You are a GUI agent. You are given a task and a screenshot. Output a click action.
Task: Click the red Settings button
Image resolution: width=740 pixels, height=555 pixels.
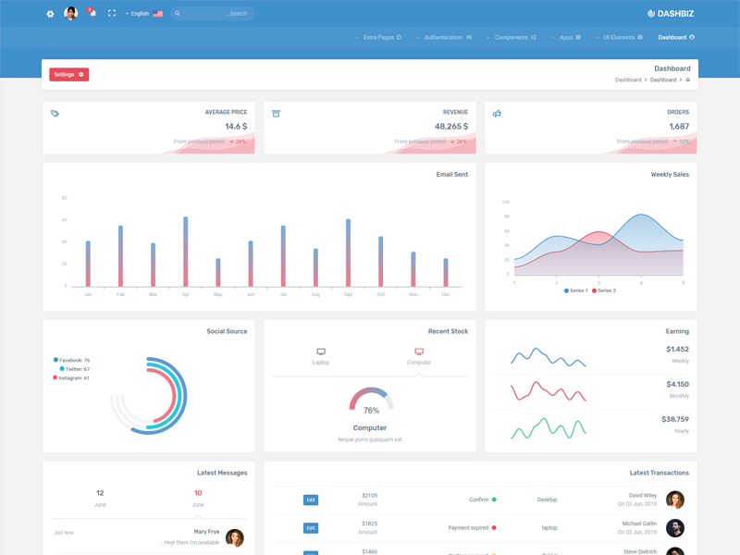(x=68, y=74)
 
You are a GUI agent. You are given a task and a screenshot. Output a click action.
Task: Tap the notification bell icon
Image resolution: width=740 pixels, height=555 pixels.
(x=92, y=14)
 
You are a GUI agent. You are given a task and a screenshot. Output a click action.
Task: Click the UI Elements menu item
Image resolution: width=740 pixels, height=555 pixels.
(x=623, y=38)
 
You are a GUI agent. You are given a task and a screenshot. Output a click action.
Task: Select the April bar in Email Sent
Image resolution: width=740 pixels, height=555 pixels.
(x=186, y=252)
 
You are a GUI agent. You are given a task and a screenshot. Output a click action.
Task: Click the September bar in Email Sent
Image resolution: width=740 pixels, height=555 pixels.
(x=348, y=253)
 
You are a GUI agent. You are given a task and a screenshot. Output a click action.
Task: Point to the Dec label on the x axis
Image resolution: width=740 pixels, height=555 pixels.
(x=446, y=294)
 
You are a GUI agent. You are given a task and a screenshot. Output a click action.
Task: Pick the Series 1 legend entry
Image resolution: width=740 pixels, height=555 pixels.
(x=575, y=290)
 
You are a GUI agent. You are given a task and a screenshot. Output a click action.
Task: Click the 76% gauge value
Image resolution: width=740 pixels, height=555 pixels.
(x=371, y=410)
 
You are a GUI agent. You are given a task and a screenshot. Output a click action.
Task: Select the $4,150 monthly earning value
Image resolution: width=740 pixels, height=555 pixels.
(x=677, y=384)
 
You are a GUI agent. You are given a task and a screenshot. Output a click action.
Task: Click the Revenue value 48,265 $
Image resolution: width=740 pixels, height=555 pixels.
(x=451, y=127)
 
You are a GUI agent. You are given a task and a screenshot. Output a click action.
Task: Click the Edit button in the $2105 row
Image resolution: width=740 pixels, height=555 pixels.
(x=311, y=499)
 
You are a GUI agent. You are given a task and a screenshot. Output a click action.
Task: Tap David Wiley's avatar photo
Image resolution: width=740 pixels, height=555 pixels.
(x=675, y=499)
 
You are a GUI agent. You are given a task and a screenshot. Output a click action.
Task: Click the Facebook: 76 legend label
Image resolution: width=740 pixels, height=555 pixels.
(x=74, y=360)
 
